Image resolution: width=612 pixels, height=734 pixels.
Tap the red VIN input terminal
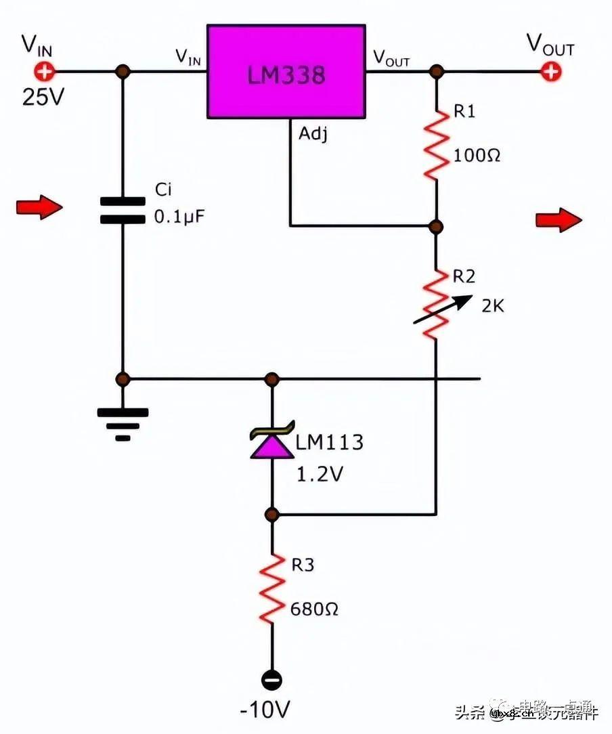44,71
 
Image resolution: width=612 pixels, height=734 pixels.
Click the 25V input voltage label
43,98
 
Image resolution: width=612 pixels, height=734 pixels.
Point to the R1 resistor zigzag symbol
437,145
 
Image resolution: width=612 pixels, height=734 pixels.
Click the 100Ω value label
477,155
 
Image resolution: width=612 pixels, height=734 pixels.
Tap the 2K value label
492,306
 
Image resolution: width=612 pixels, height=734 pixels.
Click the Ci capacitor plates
123,210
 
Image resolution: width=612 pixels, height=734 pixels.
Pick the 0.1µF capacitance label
179,219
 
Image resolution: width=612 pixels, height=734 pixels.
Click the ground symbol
123,421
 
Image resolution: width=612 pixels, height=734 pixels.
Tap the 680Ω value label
314,609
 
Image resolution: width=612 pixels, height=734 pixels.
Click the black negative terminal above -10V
272,680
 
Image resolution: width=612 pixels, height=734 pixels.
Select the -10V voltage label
265,710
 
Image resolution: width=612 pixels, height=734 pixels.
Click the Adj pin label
313,134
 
